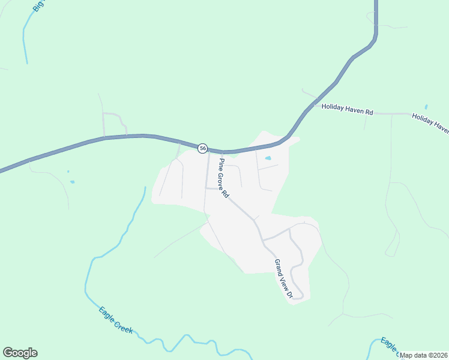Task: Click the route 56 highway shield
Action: (x=203, y=148)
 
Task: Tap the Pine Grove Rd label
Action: (x=223, y=178)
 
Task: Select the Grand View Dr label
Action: (x=283, y=278)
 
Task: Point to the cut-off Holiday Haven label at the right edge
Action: (x=430, y=123)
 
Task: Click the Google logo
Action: (x=20, y=353)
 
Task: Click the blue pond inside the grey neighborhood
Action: (x=268, y=158)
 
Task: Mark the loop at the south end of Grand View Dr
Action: (x=297, y=292)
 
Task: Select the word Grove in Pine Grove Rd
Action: (x=223, y=179)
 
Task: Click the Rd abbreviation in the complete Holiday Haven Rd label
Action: (x=369, y=112)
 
